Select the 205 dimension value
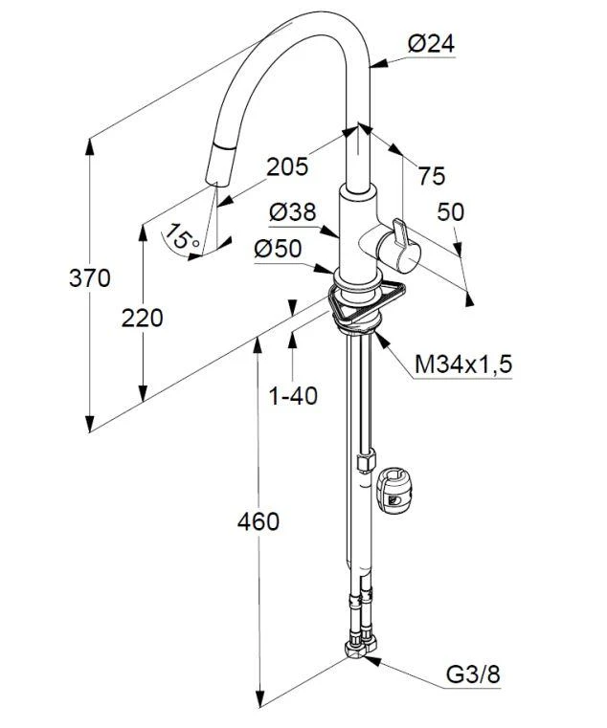pyautogui.click(x=287, y=166)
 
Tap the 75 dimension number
pyautogui.click(x=431, y=176)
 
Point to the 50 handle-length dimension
pyautogui.click(x=450, y=212)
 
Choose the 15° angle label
pyautogui.click(x=182, y=234)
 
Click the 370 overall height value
pyautogui.click(x=90, y=279)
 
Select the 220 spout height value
pyautogui.click(x=142, y=318)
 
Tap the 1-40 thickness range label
pyautogui.click(x=293, y=394)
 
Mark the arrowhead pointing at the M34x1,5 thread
pyautogui.click(x=381, y=338)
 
